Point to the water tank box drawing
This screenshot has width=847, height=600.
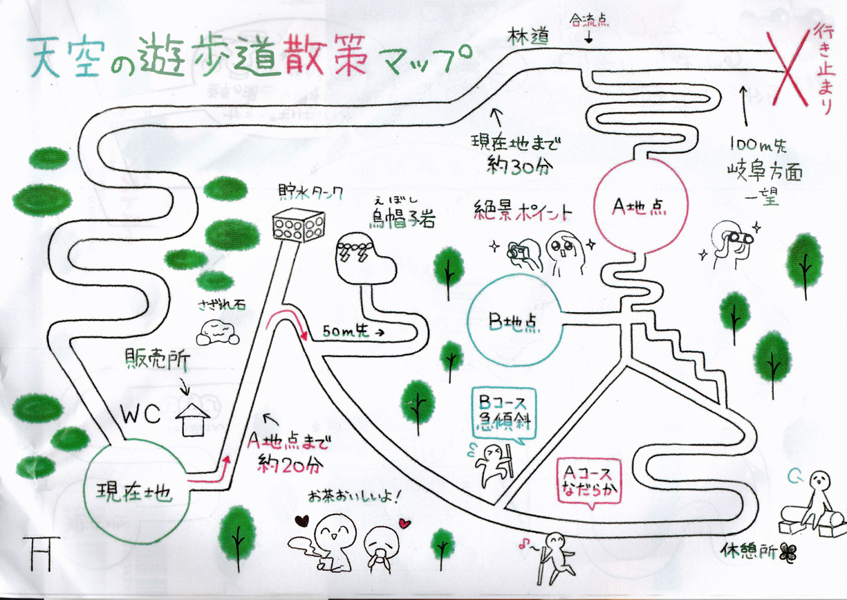click(x=290, y=226)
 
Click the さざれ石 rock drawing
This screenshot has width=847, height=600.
click(x=217, y=333)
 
